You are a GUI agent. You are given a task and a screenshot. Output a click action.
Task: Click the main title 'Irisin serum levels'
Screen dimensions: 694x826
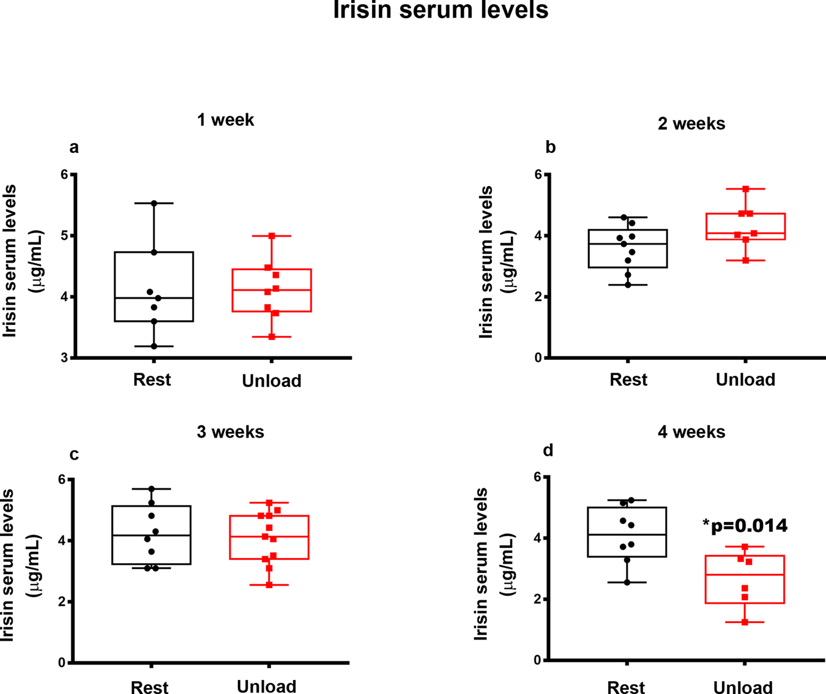[x=441, y=11]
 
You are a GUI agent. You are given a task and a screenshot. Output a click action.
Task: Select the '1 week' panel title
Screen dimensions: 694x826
[x=225, y=120]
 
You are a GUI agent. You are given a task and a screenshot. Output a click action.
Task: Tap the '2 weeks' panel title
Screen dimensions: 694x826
[x=691, y=124]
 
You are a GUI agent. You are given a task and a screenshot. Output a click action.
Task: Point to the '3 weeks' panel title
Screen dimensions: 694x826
[x=230, y=432]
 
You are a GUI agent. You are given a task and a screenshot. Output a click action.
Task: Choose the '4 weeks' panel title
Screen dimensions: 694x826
[x=691, y=432]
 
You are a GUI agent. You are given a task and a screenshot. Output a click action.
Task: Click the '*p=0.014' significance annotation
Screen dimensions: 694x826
[x=745, y=526]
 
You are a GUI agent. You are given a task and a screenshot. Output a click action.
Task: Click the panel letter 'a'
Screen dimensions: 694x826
[x=74, y=147]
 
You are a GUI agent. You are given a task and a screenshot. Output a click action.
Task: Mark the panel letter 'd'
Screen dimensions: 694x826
[x=548, y=451]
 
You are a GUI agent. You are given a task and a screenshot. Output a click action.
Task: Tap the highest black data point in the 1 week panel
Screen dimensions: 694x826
[x=154, y=203]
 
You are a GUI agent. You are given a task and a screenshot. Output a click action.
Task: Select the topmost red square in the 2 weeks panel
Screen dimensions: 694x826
[x=746, y=189]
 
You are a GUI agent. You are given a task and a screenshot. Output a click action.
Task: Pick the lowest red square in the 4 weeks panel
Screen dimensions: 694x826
[x=745, y=622]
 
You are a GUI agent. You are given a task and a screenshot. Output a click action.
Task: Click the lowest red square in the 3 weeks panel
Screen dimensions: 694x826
[x=269, y=585]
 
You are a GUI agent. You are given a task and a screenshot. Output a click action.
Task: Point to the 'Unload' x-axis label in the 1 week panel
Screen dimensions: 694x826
[x=272, y=381]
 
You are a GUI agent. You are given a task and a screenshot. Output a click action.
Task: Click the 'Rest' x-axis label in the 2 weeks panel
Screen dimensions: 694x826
[x=628, y=380]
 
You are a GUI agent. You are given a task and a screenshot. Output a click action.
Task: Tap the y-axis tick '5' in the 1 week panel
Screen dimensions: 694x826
[x=64, y=236]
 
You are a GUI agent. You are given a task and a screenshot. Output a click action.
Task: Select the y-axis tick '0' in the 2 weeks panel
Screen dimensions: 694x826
[x=538, y=358]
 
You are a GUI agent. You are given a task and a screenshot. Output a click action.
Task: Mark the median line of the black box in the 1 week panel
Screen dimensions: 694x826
[x=154, y=298]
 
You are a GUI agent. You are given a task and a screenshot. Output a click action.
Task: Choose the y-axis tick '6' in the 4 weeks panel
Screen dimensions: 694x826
[x=537, y=477]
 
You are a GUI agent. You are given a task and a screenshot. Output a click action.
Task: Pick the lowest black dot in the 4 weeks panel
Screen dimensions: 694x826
[x=627, y=582]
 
